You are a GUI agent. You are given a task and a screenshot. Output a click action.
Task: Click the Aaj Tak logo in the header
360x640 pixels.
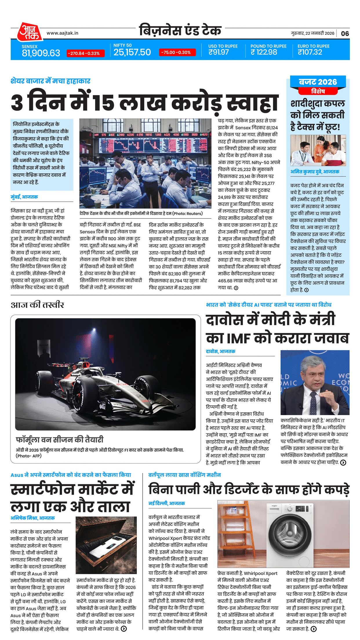pos(29,32)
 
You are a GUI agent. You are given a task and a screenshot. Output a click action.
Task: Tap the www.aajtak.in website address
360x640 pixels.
pos(62,33)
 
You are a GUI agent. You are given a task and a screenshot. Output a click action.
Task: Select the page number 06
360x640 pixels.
pos(345,33)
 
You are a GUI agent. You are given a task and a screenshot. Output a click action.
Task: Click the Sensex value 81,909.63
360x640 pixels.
pos(41,53)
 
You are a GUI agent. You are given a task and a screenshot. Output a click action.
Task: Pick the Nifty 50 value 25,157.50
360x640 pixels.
pos(132,52)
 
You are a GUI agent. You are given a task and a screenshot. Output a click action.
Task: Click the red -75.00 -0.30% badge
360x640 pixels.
pos(177,52)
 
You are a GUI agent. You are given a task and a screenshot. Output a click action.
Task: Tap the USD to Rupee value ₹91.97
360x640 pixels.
pos(219,52)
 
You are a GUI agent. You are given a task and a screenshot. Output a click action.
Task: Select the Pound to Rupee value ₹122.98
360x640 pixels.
pos(264,52)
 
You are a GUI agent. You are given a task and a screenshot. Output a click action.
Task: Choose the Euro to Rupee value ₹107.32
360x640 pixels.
pos(310,52)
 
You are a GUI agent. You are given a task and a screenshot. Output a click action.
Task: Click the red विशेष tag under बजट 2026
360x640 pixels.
pos(318,91)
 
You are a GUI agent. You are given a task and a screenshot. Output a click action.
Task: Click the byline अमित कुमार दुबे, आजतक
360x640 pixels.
pos(315,172)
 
